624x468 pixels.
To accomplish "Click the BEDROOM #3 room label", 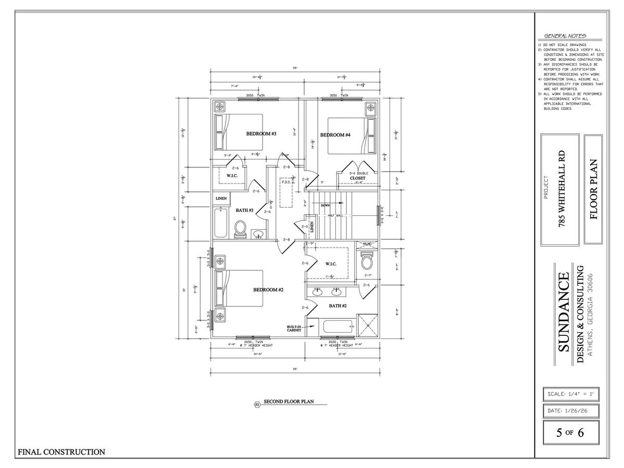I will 261,134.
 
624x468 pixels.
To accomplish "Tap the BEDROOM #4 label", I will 335,135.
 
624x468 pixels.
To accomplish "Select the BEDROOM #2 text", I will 268,290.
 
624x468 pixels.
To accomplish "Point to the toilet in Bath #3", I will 240,229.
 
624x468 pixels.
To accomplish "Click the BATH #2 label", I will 337,306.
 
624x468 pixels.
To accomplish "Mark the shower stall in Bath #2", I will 369,327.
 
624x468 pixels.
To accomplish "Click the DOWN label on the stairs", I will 326,205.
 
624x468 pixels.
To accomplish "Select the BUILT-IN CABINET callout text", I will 294,328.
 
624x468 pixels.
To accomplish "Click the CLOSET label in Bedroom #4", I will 357,178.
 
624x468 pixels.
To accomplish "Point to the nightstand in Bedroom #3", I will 220,107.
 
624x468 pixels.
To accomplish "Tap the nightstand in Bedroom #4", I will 370,108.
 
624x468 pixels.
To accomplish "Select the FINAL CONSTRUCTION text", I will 61,452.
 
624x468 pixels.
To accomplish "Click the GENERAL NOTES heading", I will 565,36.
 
